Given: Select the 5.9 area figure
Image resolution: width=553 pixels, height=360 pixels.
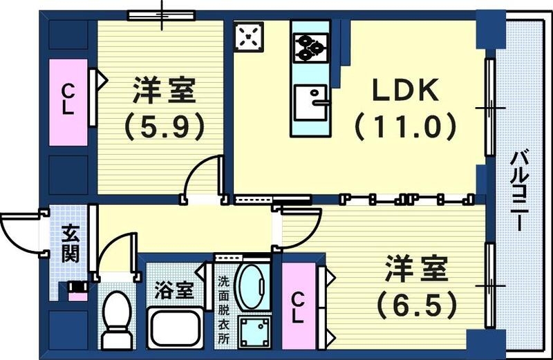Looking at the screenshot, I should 165,126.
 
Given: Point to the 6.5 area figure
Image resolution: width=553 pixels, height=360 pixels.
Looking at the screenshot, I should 415,302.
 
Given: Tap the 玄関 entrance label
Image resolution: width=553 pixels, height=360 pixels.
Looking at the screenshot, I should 70,243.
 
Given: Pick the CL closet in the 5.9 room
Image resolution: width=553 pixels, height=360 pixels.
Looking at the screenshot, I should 68,102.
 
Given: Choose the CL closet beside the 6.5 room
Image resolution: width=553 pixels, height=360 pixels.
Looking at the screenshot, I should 297,308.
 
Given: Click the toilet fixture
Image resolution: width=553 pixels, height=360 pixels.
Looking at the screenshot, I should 118,317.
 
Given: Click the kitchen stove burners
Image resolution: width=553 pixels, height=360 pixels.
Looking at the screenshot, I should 311,46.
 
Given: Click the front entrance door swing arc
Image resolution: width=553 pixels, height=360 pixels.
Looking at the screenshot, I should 19,231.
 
